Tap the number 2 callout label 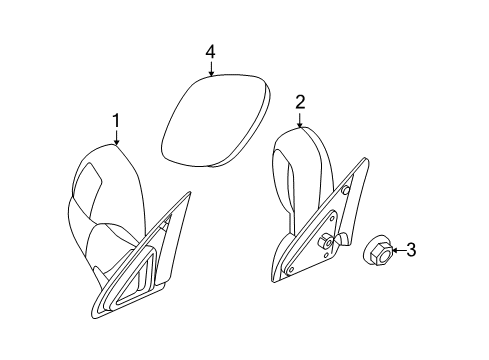(299, 101)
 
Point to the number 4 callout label (210, 50)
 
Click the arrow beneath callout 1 (117, 138)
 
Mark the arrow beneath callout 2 (299, 118)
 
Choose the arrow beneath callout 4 (211, 68)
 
